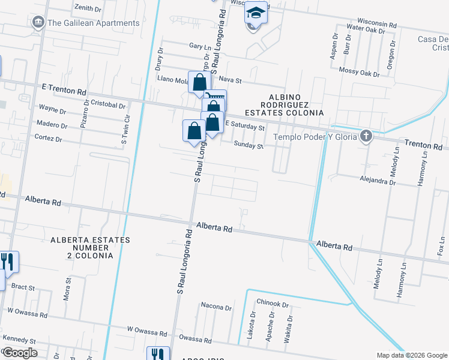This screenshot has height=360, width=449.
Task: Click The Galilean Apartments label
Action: coord(93,23)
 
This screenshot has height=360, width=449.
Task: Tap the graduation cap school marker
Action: coord(256,13)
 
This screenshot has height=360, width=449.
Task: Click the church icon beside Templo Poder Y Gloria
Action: coord(366,137)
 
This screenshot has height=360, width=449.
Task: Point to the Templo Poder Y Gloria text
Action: coord(315,137)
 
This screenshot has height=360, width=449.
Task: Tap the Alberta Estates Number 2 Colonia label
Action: coord(82,247)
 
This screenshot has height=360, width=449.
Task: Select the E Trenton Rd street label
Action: coord(64,89)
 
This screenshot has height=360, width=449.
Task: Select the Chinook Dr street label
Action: coord(273,304)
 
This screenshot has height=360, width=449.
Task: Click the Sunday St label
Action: coord(249,145)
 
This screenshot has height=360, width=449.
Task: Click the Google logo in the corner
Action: coord(20,353)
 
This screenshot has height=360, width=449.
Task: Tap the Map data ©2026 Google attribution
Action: coord(411,355)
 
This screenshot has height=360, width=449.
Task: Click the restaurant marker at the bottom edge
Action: coord(158,354)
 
